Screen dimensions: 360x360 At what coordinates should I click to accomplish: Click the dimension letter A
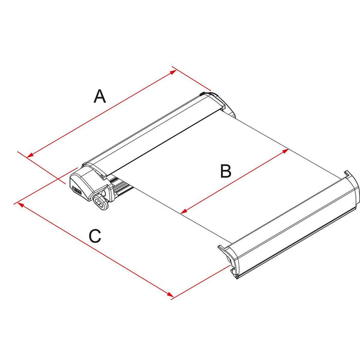tap(100, 96)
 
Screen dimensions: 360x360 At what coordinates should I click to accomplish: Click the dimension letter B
tap(226, 171)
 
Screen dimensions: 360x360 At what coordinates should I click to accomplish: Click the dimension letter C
tap(95, 236)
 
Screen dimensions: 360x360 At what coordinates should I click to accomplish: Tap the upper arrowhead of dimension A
tap(173, 72)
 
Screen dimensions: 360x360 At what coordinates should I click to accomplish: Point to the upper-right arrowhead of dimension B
tap(285, 151)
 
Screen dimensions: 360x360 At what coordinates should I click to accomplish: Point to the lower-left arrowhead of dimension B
tap(184, 211)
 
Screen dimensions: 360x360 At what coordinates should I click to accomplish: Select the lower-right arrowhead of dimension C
tap(170, 294)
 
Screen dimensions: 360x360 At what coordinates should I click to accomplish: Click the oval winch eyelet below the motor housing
tap(101, 203)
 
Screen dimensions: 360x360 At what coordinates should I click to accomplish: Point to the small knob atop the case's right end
tap(203, 94)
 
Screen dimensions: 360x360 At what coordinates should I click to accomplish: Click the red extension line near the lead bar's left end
tap(201, 282)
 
